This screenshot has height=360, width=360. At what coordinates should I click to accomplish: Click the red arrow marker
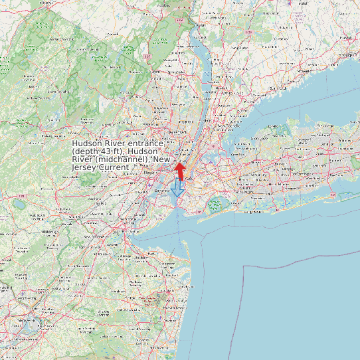click(x=179, y=169)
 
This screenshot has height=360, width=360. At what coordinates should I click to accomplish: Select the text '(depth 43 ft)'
click(x=98, y=152)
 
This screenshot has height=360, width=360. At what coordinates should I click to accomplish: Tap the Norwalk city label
click(x=305, y=69)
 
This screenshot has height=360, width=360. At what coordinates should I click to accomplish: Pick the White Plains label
click(x=226, y=92)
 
